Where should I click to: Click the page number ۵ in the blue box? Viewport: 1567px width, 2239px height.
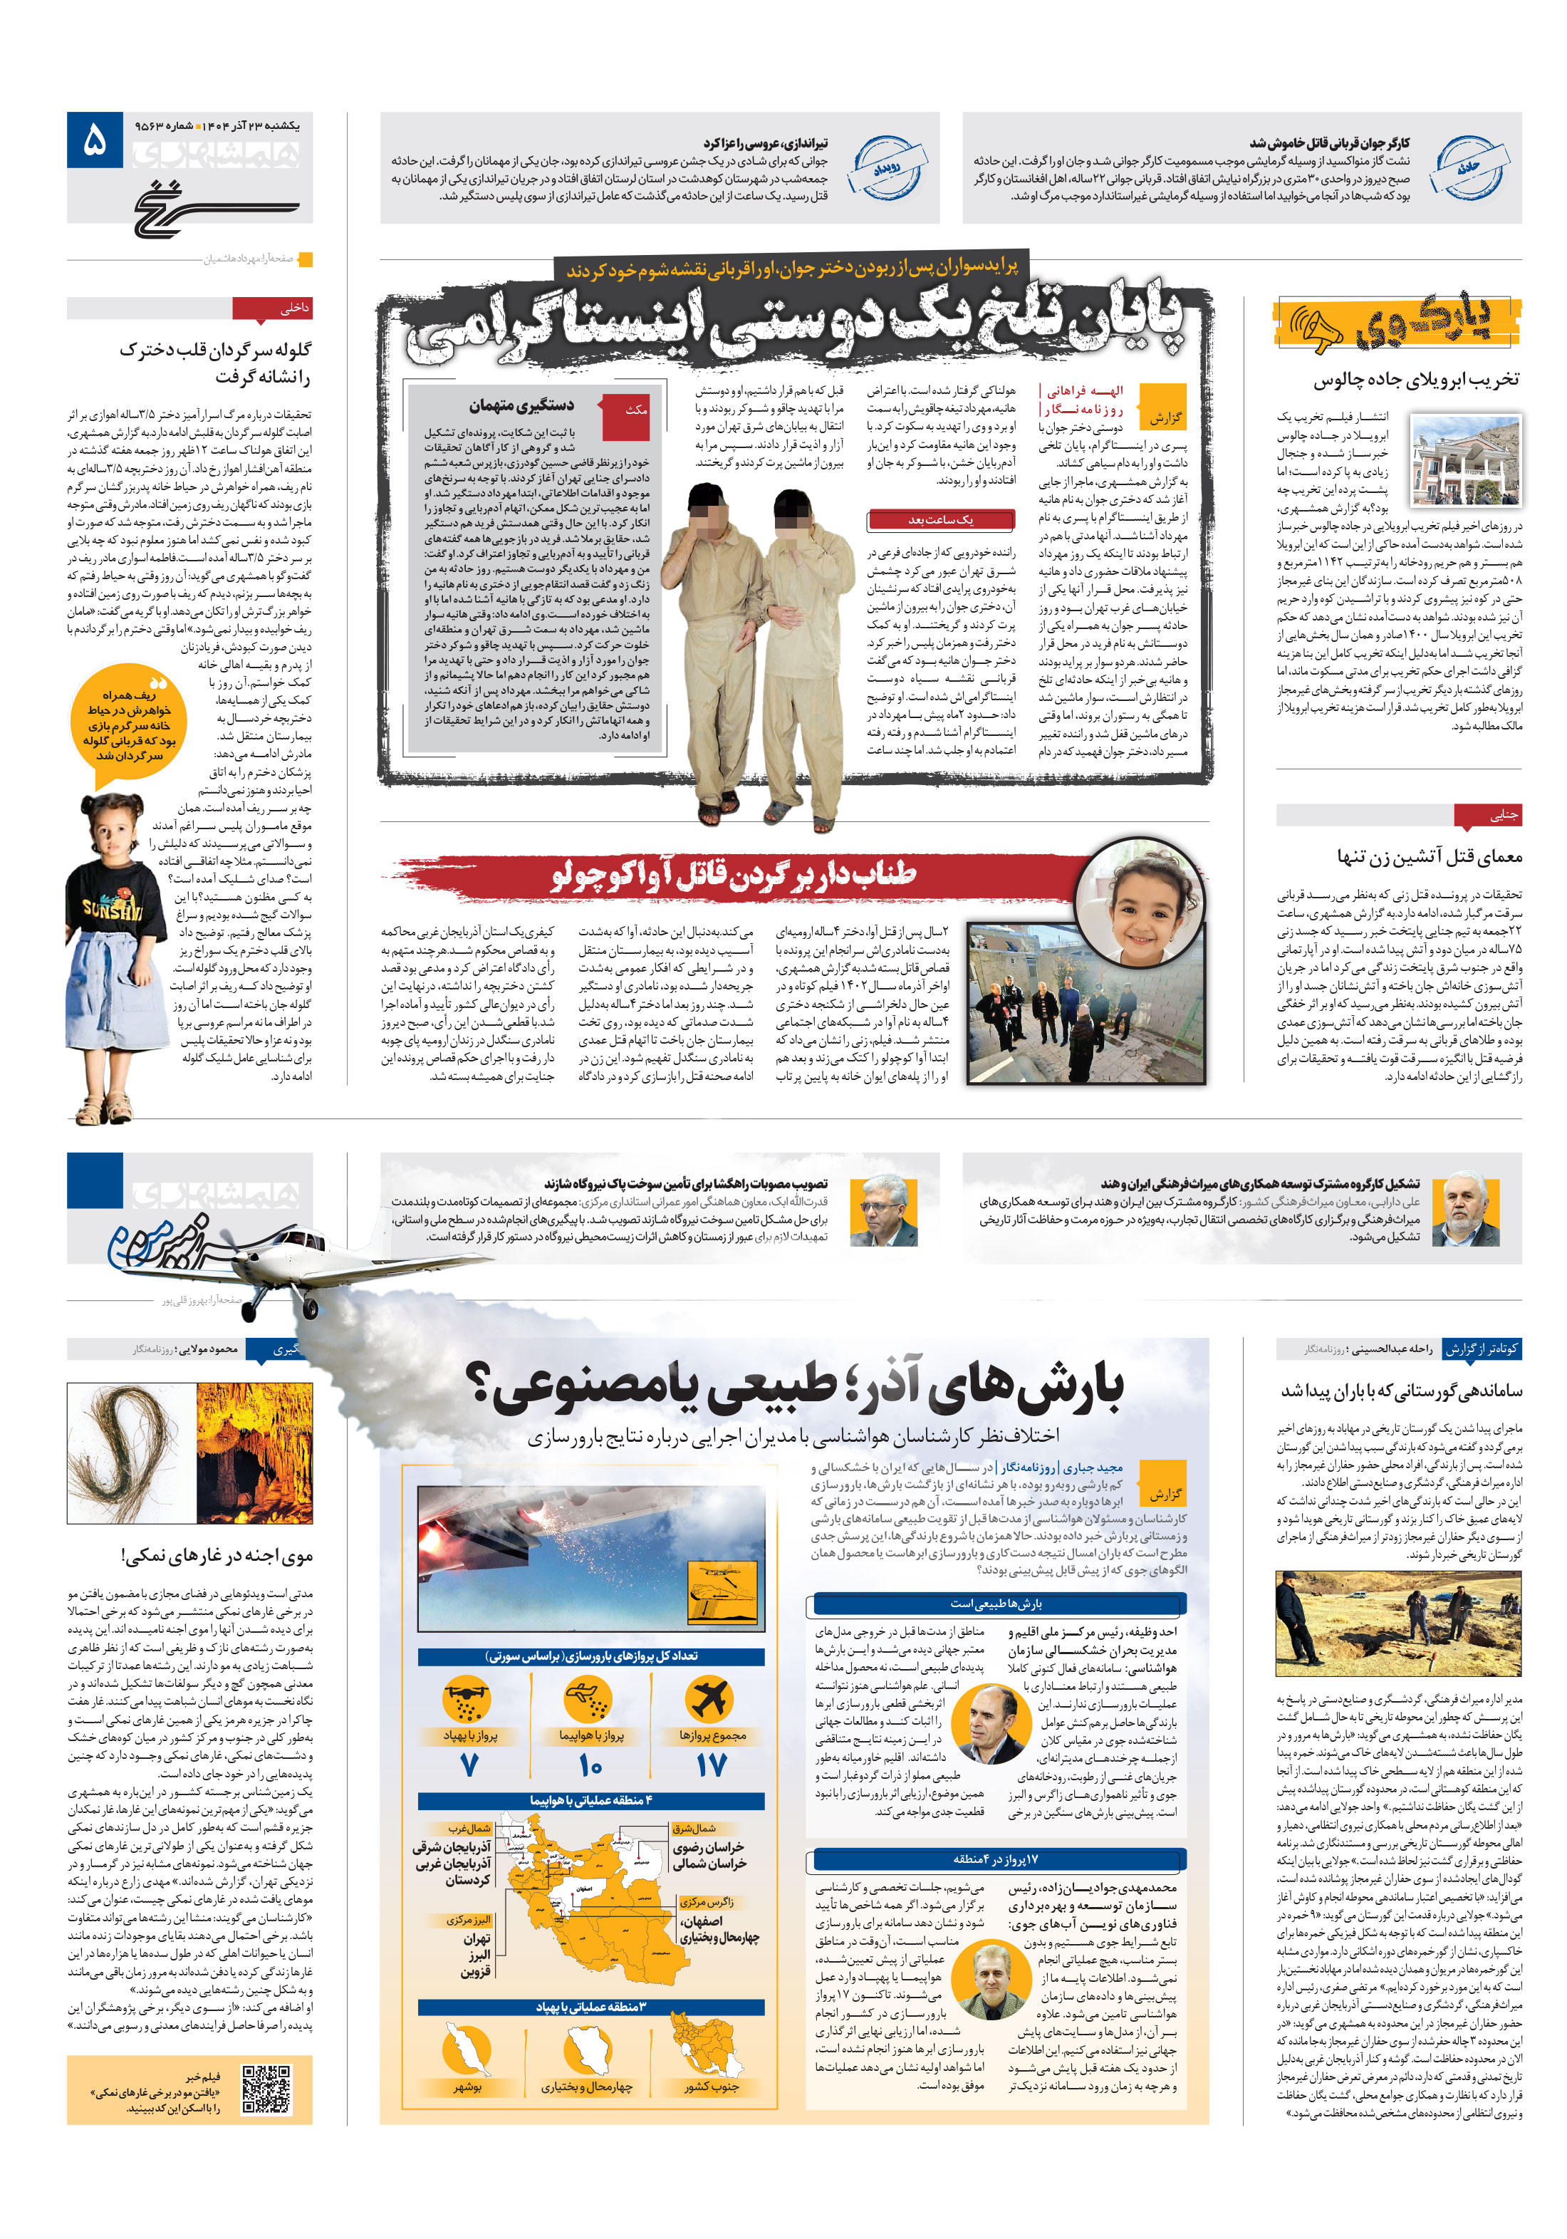point(95,140)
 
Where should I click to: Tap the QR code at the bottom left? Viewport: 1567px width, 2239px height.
point(265,2089)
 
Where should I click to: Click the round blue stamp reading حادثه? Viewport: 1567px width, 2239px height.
point(1469,167)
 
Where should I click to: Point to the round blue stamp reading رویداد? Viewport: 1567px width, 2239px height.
point(885,167)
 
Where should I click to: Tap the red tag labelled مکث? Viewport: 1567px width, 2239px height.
point(635,410)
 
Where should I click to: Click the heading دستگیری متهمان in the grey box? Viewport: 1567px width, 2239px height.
point(521,405)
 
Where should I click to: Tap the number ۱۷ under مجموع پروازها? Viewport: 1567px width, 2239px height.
point(711,1766)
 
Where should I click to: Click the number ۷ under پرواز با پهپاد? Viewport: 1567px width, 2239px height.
point(469,1766)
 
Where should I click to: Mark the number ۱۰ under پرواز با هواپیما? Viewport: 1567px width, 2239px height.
point(590,1766)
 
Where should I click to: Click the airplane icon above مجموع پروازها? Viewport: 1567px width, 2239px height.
point(710,1700)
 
